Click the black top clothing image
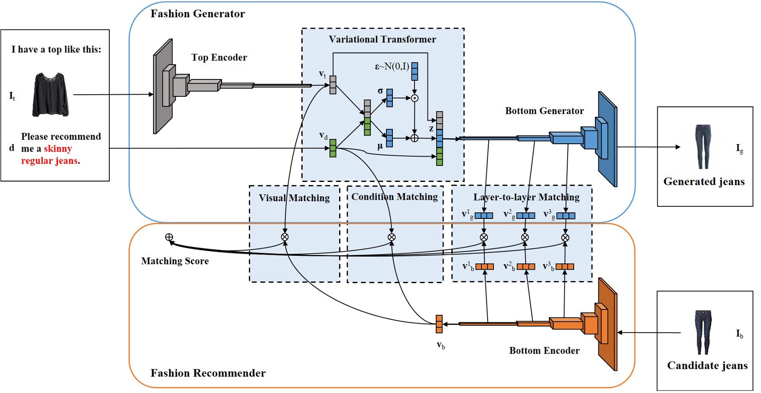pyautogui.click(x=50, y=95)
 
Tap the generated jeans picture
pyautogui.click(x=703, y=147)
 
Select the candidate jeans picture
pyautogui.click(x=703, y=332)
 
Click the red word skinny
pyautogui.click(x=58, y=149)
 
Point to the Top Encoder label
pyautogui.click(x=219, y=57)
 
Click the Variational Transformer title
pyautogui.click(x=382, y=40)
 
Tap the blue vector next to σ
pyautogui.click(x=389, y=98)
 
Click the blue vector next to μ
pyautogui.click(x=389, y=138)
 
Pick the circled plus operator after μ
pyautogui.click(x=415, y=138)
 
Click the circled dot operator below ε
pyautogui.click(x=415, y=98)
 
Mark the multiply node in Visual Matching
pyautogui.click(x=285, y=237)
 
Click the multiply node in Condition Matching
pyautogui.click(x=392, y=237)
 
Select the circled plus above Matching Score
pyautogui.click(x=169, y=237)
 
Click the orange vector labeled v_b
pyautogui.click(x=439, y=324)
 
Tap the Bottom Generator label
pyautogui.click(x=544, y=111)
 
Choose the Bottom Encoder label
pyautogui.click(x=544, y=350)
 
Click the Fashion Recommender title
pyautogui.click(x=208, y=373)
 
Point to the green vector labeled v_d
pyautogui.click(x=333, y=148)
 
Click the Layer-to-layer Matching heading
pyautogui.click(x=526, y=197)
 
